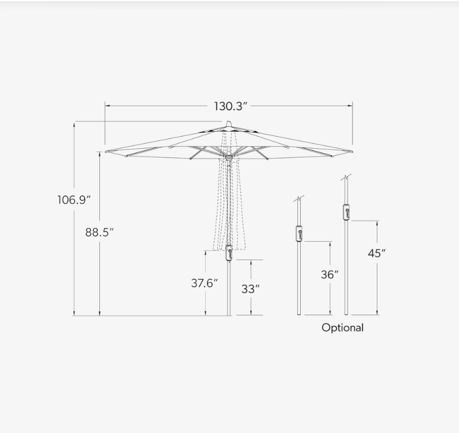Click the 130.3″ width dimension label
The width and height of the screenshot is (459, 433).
point(231,106)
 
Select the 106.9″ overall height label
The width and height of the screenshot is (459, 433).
point(74,200)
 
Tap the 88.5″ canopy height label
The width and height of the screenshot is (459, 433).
point(99,232)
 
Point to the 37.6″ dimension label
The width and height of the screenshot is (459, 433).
point(204,283)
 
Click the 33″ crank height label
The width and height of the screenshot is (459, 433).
point(250,289)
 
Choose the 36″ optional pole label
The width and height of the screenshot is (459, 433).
point(329,274)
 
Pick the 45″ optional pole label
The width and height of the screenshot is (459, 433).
point(376,253)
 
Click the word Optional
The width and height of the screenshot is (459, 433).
point(343,327)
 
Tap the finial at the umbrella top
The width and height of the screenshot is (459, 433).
point(228,123)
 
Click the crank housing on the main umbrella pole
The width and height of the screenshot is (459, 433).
point(229,253)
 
